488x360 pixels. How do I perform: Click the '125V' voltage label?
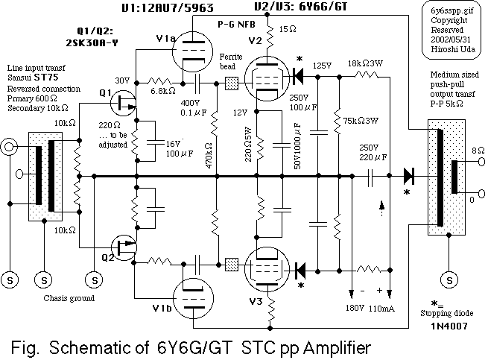point(323,66)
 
